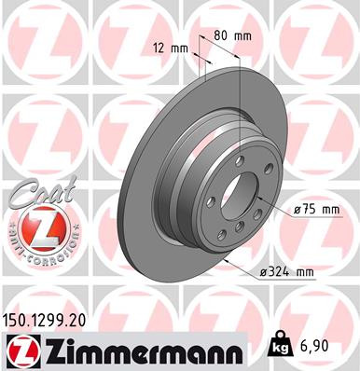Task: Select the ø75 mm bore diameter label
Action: [x=315, y=211]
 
